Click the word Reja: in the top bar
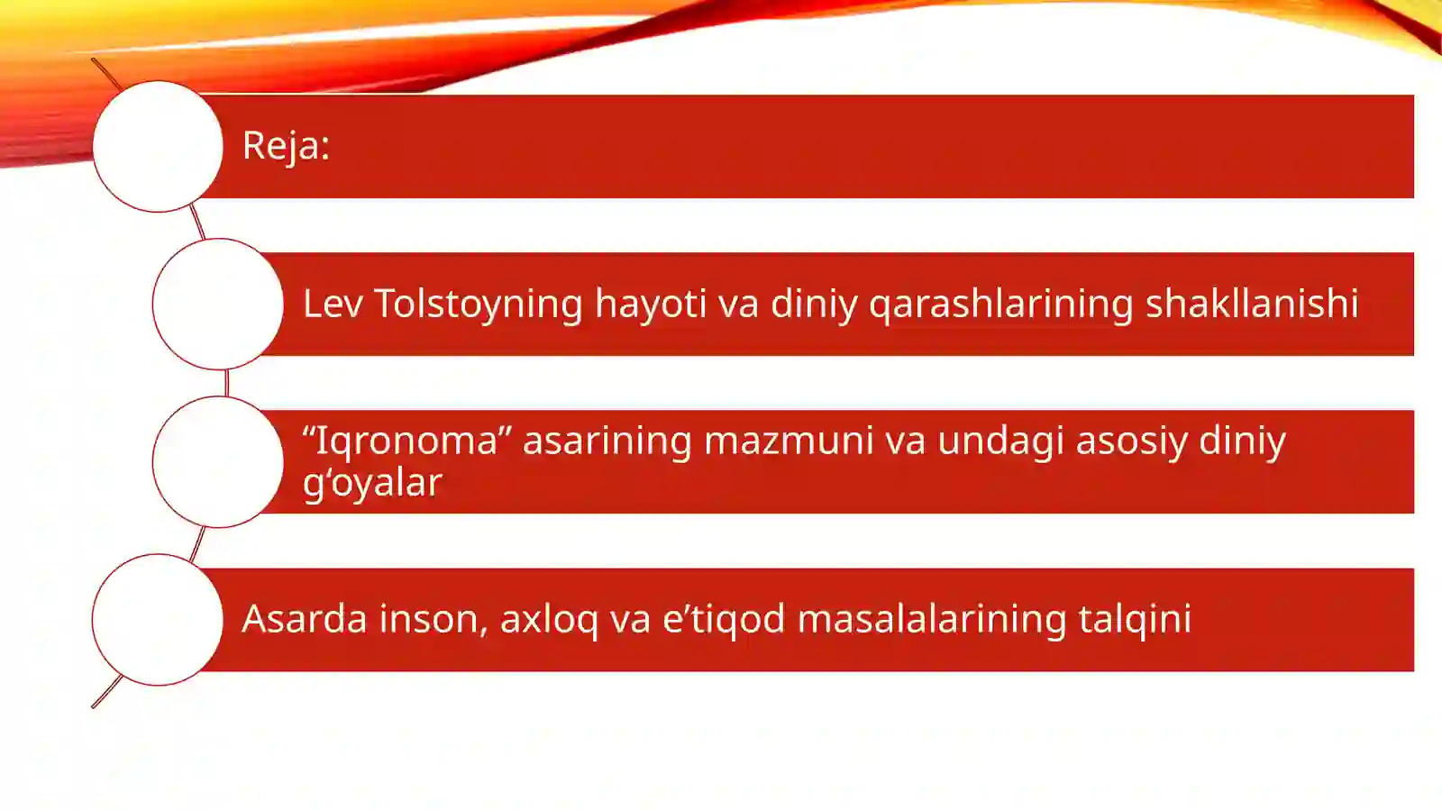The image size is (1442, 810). [286, 146]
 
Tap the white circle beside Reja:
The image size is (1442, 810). [158, 147]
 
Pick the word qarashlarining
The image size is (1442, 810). [1000, 305]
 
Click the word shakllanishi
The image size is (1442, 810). [1251, 304]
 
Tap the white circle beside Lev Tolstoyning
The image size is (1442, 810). [218, 304]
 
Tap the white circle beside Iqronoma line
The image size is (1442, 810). [218, 462]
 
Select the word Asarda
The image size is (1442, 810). [305, 619]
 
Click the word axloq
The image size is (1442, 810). [549, 620]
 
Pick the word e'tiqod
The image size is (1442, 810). [724, 620]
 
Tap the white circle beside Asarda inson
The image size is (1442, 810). [158, 620]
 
